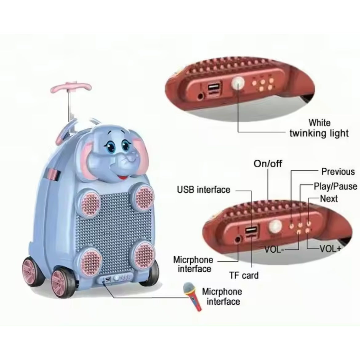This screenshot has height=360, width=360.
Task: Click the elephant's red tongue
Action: pyautogui.click(x=123, y=178)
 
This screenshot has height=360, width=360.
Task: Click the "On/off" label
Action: pyautogui.click(x=267, y=163)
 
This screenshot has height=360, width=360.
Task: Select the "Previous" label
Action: pyautogui.click(x=338, y=171)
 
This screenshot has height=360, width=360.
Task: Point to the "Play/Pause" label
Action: pyautogui.click(x=335, y=186)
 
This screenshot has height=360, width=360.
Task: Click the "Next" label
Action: pyautogui.click(x=329, y=198)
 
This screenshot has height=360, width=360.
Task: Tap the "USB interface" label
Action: pyautogui.click(x=203, y=189)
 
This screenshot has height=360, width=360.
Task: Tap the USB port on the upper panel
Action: pyautogui.click(x=213, y=89)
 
